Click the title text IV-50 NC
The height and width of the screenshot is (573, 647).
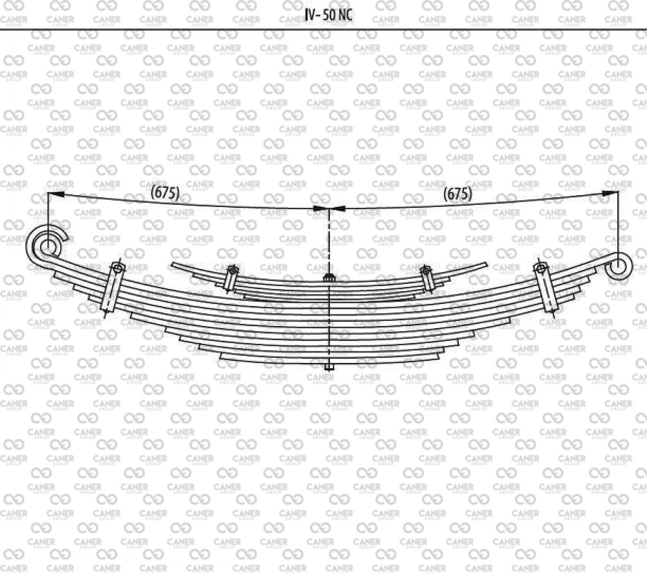(328, 15)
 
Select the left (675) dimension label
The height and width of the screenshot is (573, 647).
(165, 193)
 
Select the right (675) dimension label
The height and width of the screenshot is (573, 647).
(458, 194)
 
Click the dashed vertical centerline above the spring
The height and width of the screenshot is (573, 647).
(329, 241)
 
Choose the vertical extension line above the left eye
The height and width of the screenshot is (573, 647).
(48, 211)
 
